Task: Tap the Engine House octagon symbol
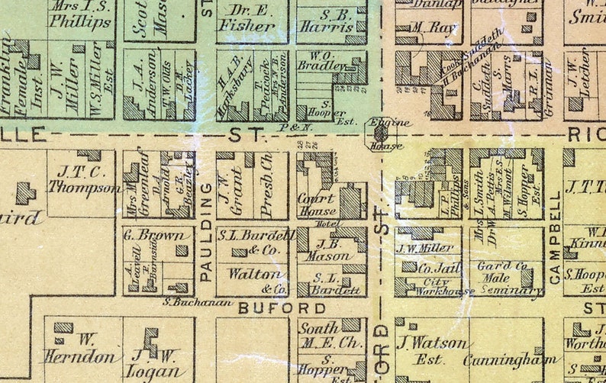click(379, 133)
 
